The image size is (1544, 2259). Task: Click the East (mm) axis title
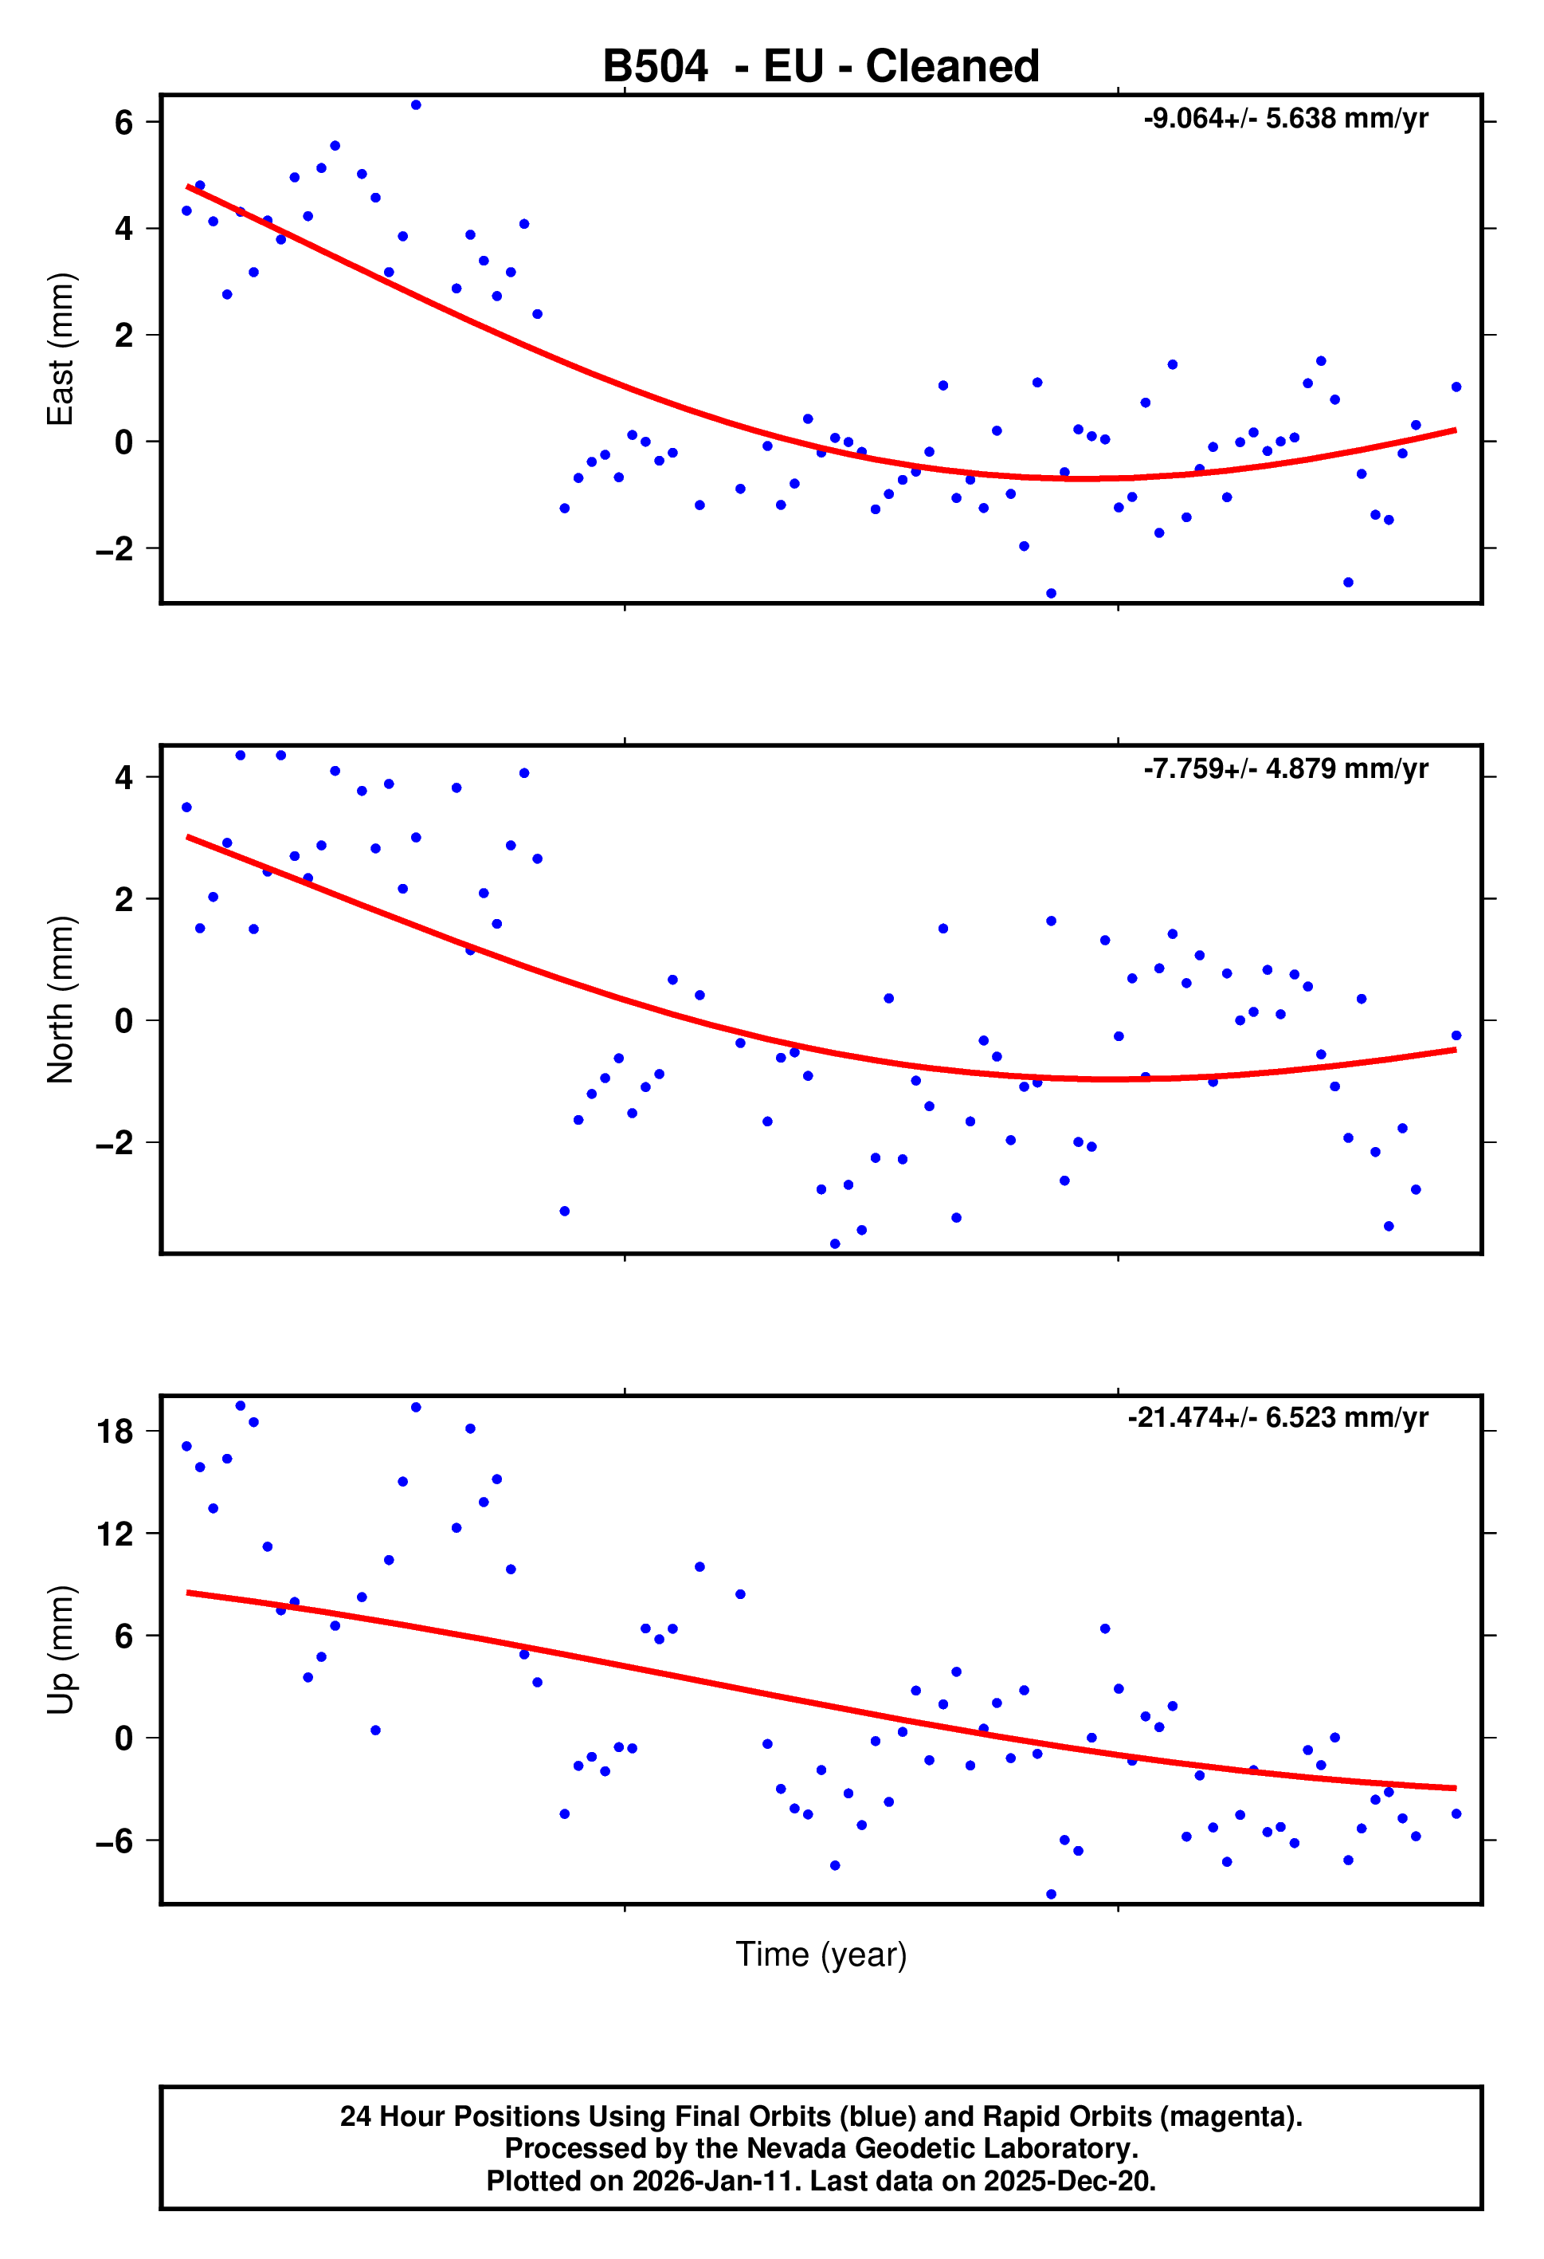click(x=61, y=349)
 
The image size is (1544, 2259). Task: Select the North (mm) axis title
click(x=61, y=1000)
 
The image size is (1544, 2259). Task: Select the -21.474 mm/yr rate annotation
click(x=1277, y=1417)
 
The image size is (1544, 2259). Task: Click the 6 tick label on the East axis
click(x=123, y=123)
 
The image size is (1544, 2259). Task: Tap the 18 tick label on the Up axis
click(x=116, y=1431)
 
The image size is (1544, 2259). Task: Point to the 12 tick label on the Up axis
click(x=116, y=1534)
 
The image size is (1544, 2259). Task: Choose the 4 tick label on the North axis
click(x=123, y=778)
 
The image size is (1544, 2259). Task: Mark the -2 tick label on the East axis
click(x=115, y=549)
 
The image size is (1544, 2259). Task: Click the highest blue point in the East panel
click(x=416, y=105)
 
